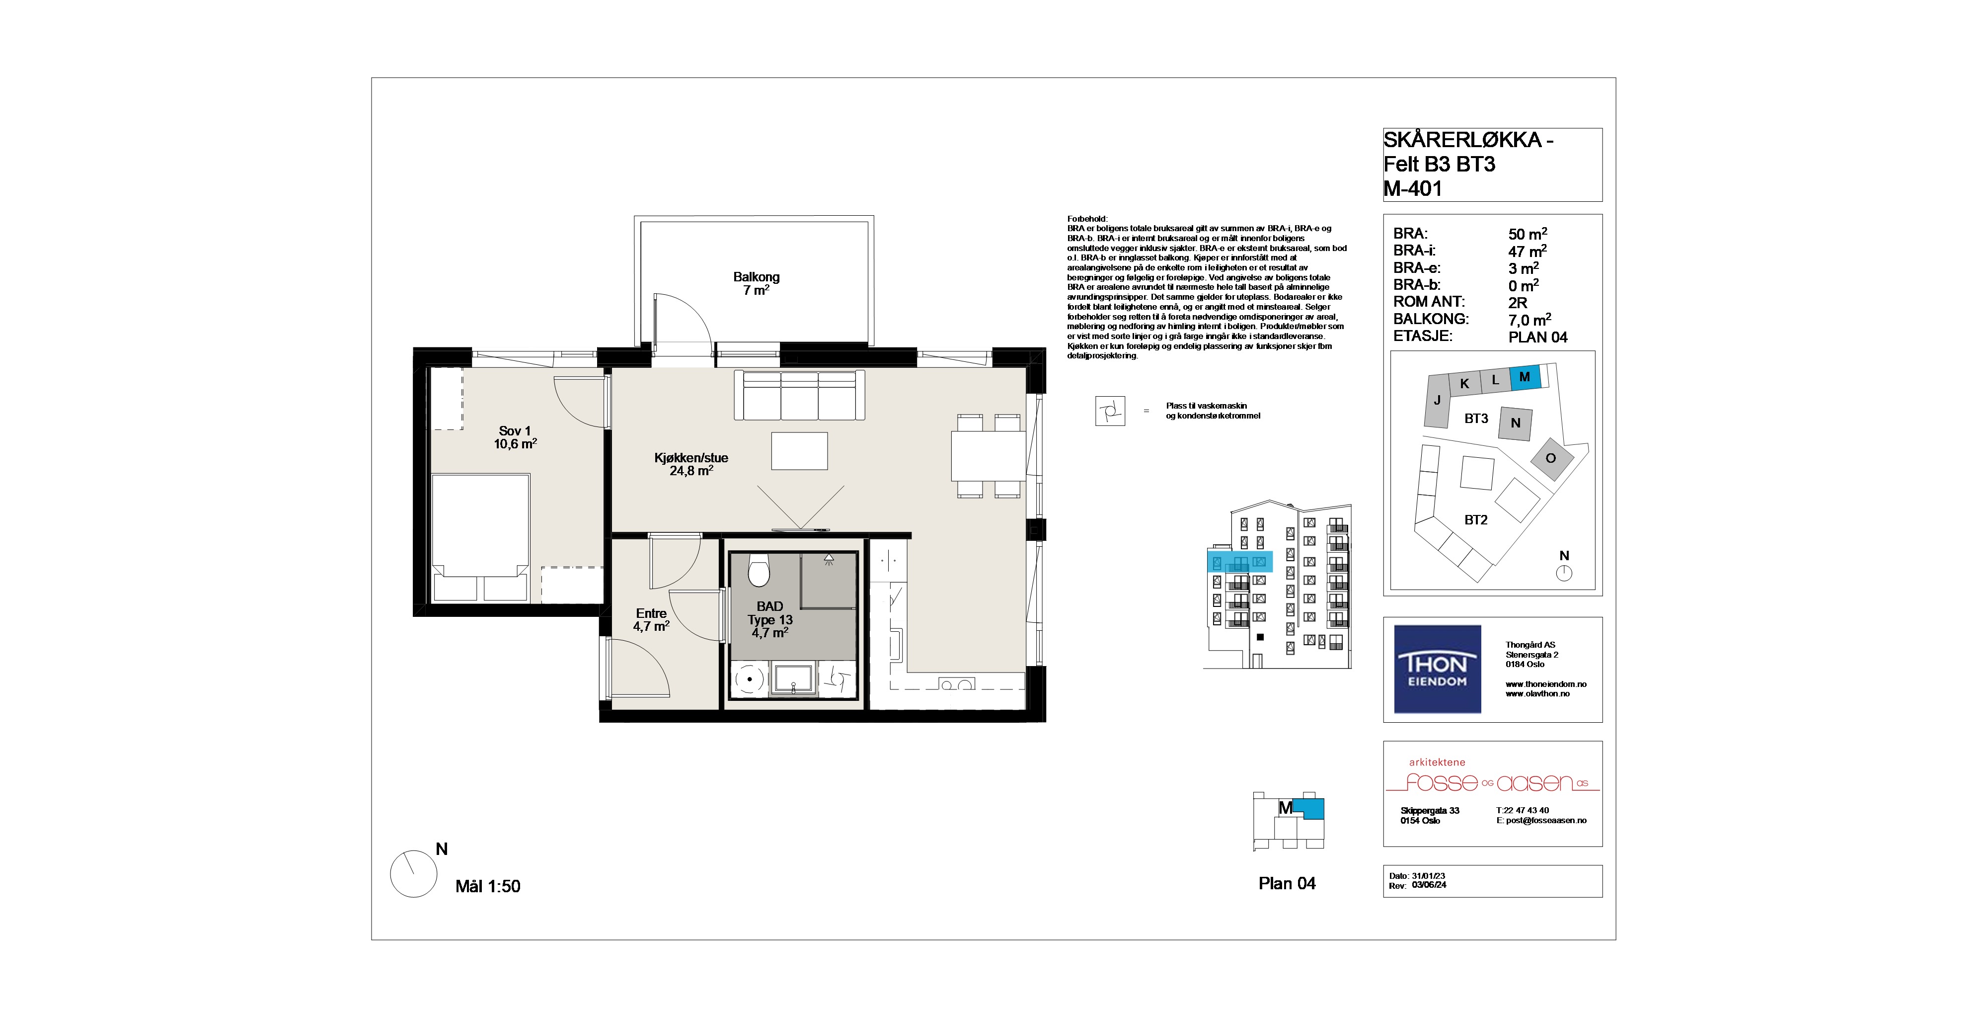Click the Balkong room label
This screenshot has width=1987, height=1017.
756,276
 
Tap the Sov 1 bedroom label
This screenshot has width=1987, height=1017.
515,431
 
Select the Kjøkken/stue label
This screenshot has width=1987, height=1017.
690,458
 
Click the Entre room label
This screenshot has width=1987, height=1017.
651,613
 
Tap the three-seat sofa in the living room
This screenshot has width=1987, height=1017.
799,395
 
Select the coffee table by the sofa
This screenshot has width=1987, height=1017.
799,451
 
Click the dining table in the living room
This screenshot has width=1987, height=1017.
988,456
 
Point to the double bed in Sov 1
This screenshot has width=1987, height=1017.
480,538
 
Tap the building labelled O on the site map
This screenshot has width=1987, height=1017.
1550,458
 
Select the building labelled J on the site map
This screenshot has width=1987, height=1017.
1437,401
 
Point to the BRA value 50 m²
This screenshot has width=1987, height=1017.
1528,234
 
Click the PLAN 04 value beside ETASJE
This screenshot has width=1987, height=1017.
1537,337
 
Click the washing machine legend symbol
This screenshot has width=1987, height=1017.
1110,411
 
